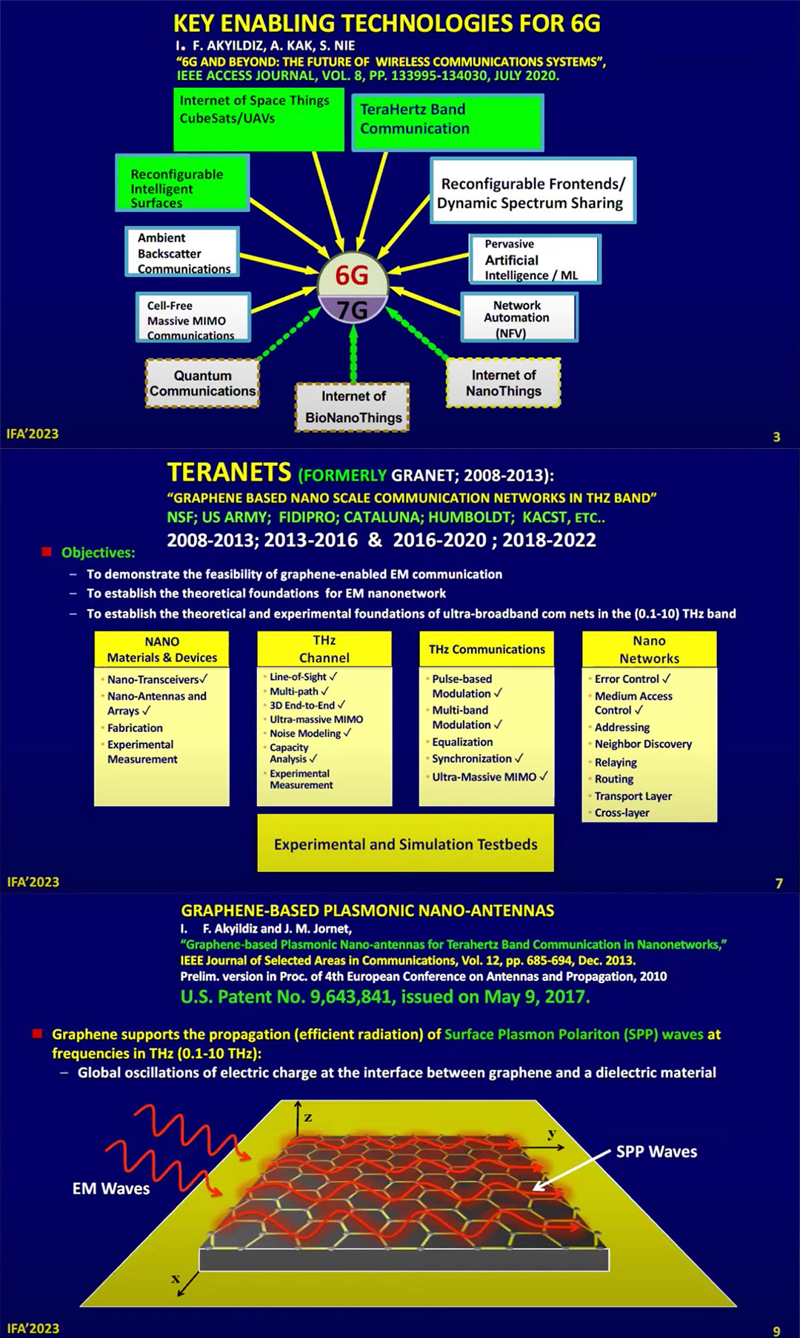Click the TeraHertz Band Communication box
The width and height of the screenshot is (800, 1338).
click(447, 122)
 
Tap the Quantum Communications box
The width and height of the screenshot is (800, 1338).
click(202, 383)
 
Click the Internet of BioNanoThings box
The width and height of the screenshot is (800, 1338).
click(353, 407)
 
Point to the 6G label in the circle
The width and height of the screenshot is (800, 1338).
click(352, 276)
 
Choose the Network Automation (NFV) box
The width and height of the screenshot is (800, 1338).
click(519, 317)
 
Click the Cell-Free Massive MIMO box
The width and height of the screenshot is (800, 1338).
click(193, 318)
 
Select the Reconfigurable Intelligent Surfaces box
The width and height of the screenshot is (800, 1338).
click(182, 183)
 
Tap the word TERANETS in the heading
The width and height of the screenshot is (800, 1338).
click(229, 473)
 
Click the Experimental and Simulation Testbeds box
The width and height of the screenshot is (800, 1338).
click(405, 844)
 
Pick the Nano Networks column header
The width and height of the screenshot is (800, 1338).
click(649, 650)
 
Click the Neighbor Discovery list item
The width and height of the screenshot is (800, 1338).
click(643, 744)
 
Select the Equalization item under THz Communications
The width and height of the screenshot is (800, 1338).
click(462, 742)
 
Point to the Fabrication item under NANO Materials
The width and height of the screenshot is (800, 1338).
click(135, 728)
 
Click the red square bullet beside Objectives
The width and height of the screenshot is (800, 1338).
click(47, 552)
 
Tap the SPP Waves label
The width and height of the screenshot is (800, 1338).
click(656, 1152)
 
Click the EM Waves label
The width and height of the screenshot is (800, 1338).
click(111, 1189)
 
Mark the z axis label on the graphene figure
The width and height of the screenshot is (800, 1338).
click(308, 1116)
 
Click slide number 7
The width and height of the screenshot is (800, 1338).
click(779, 883)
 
